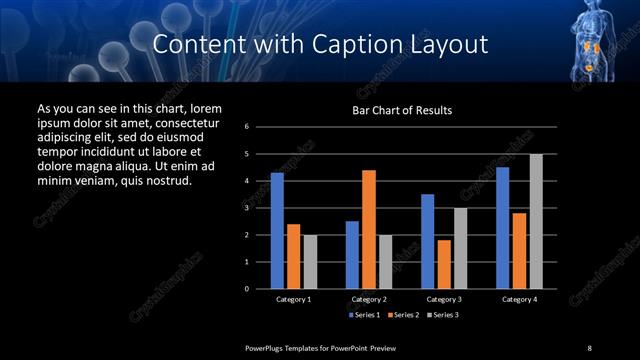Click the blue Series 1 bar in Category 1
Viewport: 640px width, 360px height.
[277, 231]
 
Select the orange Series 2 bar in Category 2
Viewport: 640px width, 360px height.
[368, 229]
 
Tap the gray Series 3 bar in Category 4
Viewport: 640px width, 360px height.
[535, 221]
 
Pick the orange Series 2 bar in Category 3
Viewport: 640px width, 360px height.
[443, 264]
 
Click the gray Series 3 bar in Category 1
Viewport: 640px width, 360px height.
[309, 262]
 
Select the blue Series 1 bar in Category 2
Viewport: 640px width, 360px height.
[352, 255]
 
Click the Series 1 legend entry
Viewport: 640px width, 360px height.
[363, 315]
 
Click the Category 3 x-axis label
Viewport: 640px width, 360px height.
[443, 299]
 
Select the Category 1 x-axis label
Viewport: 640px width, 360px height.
[293, 299]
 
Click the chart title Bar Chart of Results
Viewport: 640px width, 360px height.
[402, 110]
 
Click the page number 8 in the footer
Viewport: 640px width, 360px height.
[589, 347]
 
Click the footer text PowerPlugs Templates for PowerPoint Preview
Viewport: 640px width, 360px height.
[321, 347]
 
